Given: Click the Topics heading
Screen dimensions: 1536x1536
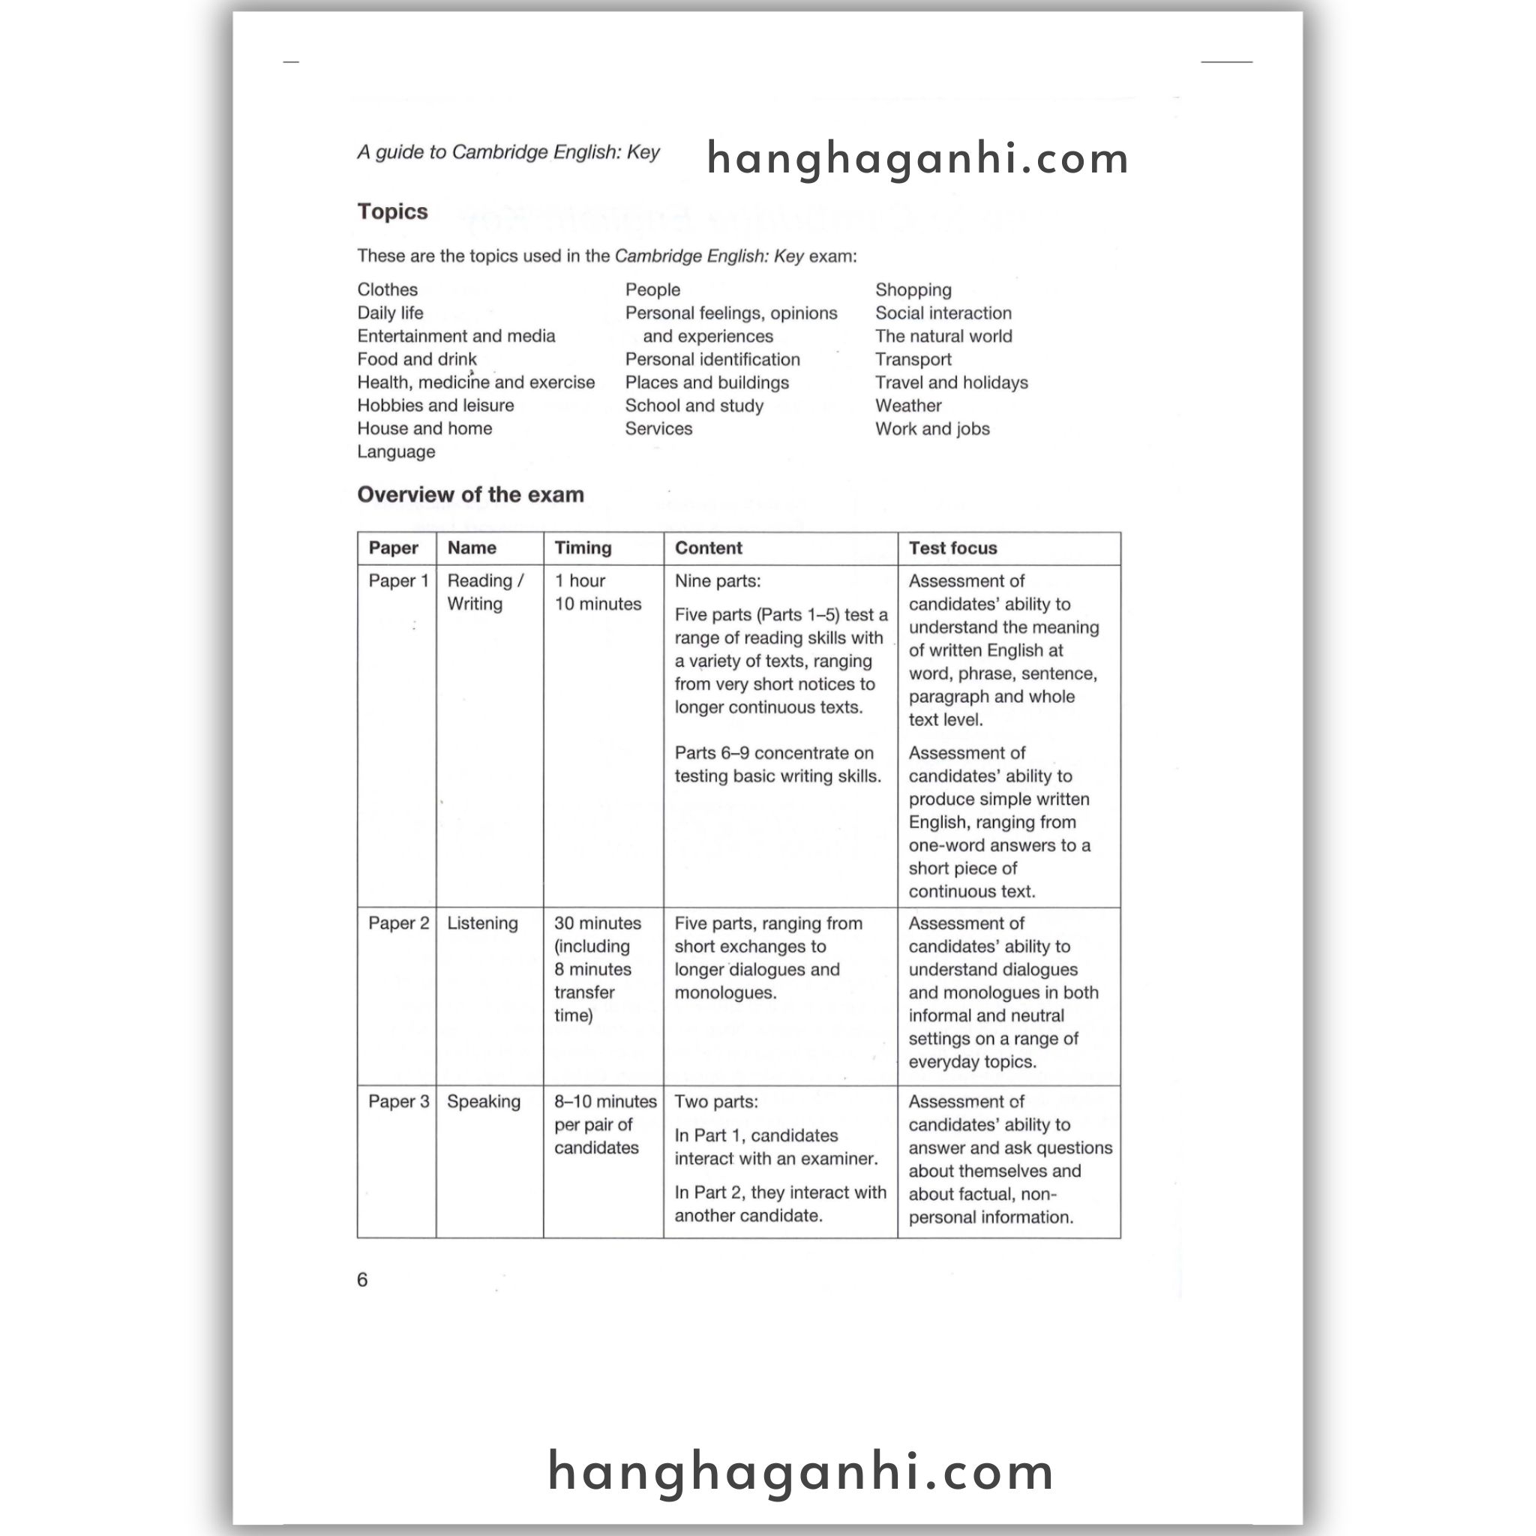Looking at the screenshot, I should pos(392,211).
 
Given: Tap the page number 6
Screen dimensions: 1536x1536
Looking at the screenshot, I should pos(362,1279).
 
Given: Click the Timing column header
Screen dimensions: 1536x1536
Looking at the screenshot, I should pos(583,547).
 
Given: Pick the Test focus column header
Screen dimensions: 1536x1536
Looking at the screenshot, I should pos(952,547).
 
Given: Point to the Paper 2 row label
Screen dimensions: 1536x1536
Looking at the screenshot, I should pos(398,923).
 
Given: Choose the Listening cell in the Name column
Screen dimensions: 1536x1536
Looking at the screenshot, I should pos(481,923).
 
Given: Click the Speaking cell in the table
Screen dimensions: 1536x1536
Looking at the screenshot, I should pos(484,1101).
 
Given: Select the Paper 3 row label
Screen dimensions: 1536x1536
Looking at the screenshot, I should pos(398,1101).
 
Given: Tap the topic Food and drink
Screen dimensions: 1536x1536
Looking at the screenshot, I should pos(416,359).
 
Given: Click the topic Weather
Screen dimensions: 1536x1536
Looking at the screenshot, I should pos(908,406).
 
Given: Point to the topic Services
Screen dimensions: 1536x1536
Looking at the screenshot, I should pos(658,428).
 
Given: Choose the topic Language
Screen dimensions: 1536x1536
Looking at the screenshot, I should pos(396,451).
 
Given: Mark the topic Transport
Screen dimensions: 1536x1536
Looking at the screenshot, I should pos(913,359).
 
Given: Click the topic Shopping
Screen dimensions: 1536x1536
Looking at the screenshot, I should pos(913,289).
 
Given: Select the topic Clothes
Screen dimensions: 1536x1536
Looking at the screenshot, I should pos(387,289).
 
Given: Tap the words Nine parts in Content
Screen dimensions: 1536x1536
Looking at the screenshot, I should pos(717,581).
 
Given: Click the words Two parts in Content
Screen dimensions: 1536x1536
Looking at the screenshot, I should pos(715,1101).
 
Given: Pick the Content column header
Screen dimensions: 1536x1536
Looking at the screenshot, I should pos(707,547).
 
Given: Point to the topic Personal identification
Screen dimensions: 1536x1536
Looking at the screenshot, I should pos(712,359).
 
